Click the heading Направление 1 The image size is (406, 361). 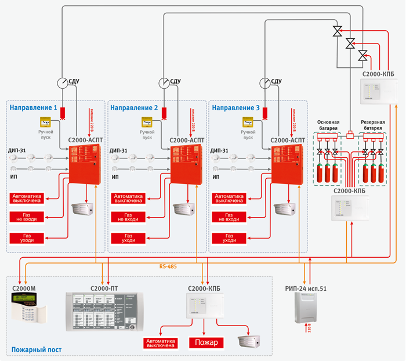pyautogui.click(x=33, y=108)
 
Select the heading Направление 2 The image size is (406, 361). pyautogui.click(x=134, y=108)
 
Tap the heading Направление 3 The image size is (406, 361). pyautogui.click(x=235, y=108)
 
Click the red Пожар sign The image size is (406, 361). pyautogui.click(x=205, y=343)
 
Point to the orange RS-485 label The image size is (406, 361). pyautogui.click(x=169, y=268)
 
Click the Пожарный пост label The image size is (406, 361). pyautogui.click(x=36, y=350)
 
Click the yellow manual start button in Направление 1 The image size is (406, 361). pyautogui.click(x=46, y=122)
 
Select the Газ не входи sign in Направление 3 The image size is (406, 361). pyautogui.click(x=231, y=217)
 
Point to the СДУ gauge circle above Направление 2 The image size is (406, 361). pyautogui.click(x=164, y=82)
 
